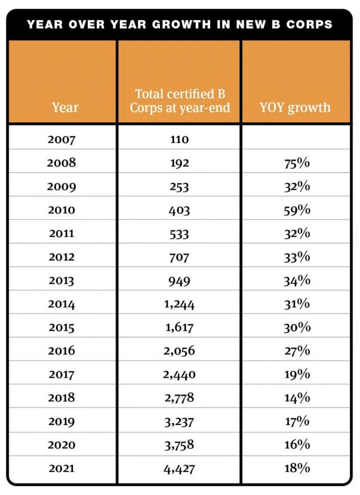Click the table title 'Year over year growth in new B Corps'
pos(180,24)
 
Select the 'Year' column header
pos(65,107)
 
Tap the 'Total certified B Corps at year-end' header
pos(180,101)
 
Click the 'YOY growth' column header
pos(295,107)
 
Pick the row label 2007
pos(61,140)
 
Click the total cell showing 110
pos(179,140)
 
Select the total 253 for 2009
pos(179,187)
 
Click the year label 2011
pos(61,233)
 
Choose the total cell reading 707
pos(179,257)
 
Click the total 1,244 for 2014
pos(179,304)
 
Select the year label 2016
pos(61,351)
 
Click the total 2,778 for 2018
pos(179,398)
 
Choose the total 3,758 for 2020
pos(179,445)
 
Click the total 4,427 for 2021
pos(179,468)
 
